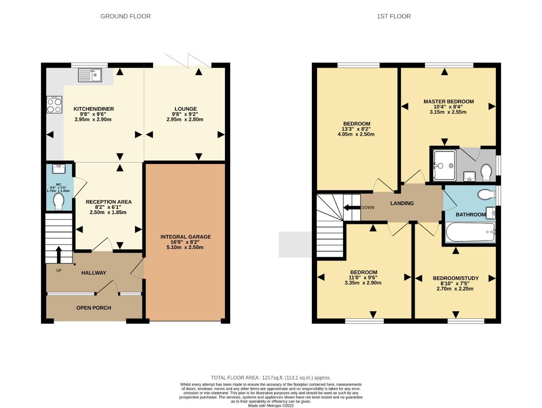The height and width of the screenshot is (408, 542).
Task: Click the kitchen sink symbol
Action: click(x=90, y=75)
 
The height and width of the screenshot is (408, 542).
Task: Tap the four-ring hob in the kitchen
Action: click(x=54, y=105)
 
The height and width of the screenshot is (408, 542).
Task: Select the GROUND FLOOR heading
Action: click(x=125, y=16)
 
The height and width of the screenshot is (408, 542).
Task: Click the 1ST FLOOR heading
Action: click(x=393, y=16)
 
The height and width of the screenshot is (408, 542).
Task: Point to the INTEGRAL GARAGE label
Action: click(x=185, y=237)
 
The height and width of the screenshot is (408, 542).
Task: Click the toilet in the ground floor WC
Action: click(x=59, y=201)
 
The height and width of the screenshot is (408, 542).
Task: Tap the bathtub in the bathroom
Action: click(x=470, y=232)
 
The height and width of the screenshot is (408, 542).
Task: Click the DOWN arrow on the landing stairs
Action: click(x=351, y=207)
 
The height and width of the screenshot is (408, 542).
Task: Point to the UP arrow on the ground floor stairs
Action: click(x=59, y=254)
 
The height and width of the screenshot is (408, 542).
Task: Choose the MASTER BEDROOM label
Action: click(x=448, y=101)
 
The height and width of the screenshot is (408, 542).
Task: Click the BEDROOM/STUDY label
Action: click(x=455, y=278)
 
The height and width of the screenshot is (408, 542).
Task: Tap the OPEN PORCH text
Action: click(x=94, y=308)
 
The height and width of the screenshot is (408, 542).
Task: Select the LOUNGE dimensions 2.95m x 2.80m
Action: click(x=185, y=119)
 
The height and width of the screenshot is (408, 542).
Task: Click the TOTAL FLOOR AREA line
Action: click(x=271, y=377)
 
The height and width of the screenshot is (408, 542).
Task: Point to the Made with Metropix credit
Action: click(x=271, y=405)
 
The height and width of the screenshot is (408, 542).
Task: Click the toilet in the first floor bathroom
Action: click(x=486, y=195)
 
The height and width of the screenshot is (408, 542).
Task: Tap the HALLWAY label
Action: click(x=94, y=273)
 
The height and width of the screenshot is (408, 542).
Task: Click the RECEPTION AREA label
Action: click(x=109, y=202)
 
